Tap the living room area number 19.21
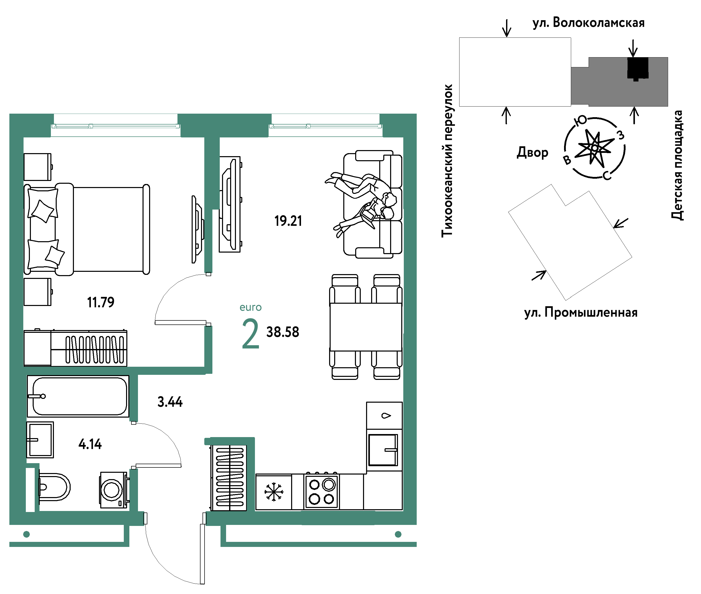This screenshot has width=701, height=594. [288, 221]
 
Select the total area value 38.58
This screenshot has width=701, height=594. [283, 332]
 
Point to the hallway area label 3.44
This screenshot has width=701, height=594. [170, 402]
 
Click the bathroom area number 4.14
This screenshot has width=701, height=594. [90, 444]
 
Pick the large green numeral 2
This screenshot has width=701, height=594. [251, 334]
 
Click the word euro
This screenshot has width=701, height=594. [251, 308]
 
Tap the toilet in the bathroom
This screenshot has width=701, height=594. [54, 487]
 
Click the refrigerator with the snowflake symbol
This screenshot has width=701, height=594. [273, 492]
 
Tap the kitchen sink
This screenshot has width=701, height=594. [383, 450]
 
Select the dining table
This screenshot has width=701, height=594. [366, 327]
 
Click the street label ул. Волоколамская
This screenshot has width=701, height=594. [589, 23]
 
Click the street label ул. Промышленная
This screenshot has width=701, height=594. [581, 313]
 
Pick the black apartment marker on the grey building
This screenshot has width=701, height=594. [638, 68]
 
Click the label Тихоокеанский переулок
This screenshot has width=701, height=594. [447, 161]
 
